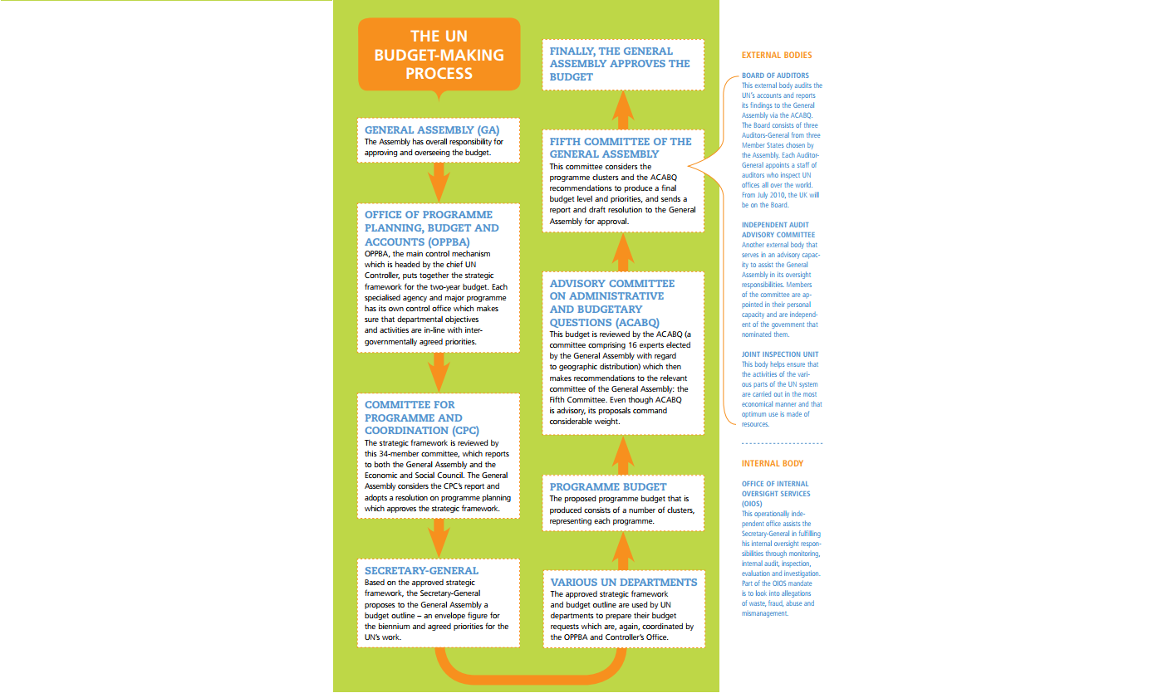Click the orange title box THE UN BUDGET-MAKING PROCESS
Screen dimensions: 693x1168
[439, 55]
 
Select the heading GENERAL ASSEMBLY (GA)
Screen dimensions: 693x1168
[432, 130]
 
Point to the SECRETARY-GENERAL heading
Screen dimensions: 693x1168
[422, 571]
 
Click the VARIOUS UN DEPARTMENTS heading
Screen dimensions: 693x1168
[623, 583]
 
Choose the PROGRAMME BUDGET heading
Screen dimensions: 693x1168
[608, 487]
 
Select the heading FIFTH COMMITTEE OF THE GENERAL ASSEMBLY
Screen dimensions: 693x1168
[621, 148]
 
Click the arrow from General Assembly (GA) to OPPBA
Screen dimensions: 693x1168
[439, 182]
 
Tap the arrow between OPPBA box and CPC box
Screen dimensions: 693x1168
[439, 371]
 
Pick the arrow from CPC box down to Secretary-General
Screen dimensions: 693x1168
[439, 538]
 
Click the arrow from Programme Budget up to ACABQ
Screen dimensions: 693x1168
[624, 454]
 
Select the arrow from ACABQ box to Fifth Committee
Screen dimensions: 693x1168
[624, 251]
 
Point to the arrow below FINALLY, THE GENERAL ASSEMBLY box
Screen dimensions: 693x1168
[624, 107]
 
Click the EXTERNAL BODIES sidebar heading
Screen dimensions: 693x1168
[776, 56]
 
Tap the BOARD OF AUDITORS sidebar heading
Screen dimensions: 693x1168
[775, 76]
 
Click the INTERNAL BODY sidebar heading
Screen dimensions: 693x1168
[772, 463]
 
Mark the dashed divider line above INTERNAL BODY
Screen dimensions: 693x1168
[782, 444]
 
